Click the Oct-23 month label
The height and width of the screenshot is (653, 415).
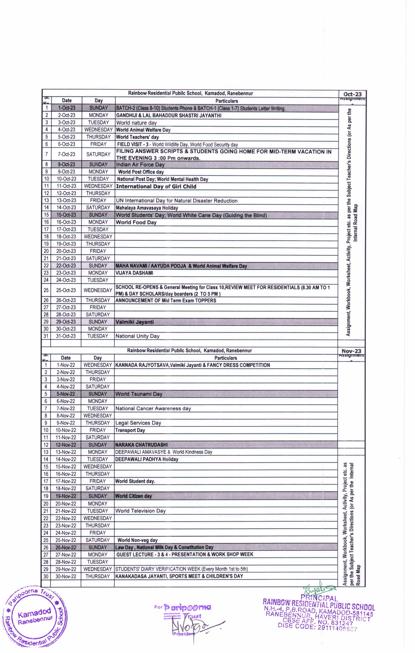click(x=352, y=94)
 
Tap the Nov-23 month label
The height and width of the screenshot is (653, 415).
click(x=351, y=351)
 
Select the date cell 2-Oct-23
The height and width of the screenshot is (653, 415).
click(x=66, y=115)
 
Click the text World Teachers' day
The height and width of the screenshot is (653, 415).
click(x=137, y=137)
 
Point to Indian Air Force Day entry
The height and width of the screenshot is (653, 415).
click(x=140, y=165)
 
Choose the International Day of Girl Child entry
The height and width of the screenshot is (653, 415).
click(x=156, y=186)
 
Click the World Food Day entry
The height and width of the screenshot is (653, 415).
click(x=136, y=222)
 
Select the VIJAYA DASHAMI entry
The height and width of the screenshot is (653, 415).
click(x=134, y=273)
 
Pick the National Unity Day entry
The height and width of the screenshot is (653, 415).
click(x=137, y=336)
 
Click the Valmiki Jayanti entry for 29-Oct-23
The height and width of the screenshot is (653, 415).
click(x=134, y=322)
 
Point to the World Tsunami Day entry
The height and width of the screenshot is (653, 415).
click(x=139, y=394)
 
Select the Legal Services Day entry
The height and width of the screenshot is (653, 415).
click(x=138, y=423)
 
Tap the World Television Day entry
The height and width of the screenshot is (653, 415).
click(x=141, y=511)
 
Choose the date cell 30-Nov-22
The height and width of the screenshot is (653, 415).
click(x=66, y=576)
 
